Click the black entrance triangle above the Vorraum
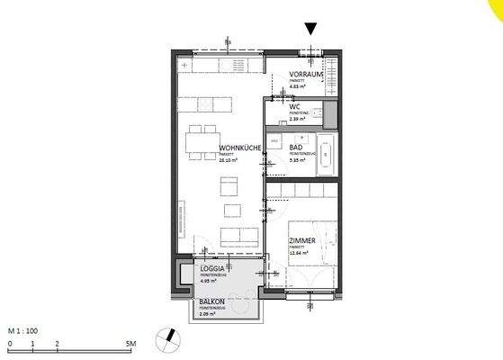coord(311,29)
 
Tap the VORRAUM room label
coord(305,74)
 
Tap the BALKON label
coord(203,305)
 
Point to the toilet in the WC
coord(328,112)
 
